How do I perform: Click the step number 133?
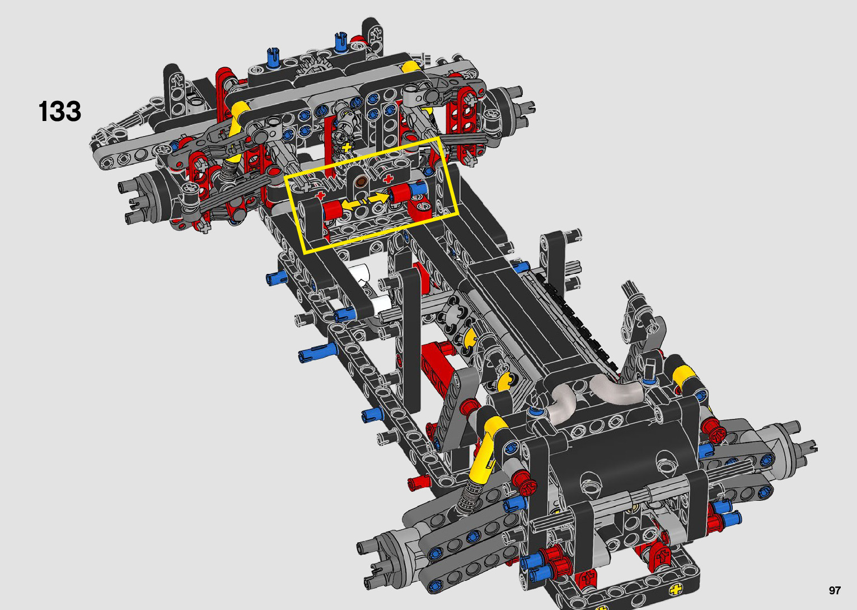[x=60, y=111]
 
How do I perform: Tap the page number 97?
[x=835, y=590]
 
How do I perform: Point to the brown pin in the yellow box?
[x=360, y=182]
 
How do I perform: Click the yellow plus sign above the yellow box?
[x=346, y=147]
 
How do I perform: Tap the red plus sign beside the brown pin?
[x=388, y=178]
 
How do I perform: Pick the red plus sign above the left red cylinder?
[x=320, y=195]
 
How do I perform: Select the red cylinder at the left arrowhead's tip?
[x=332, y=211]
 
